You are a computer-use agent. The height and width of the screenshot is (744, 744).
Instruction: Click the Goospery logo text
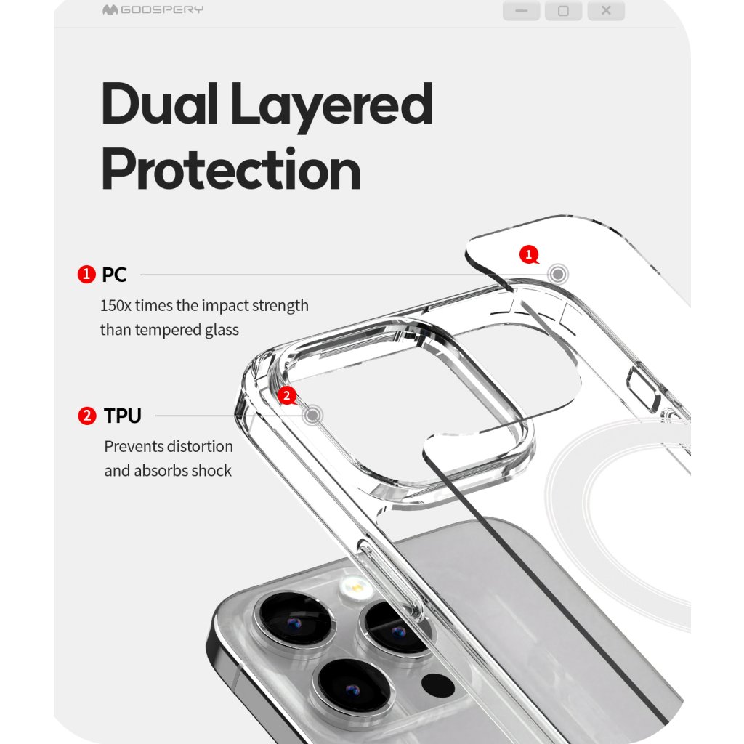(x=161, y=10)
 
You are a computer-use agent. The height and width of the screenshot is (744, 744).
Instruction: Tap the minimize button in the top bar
(x=521, y=11)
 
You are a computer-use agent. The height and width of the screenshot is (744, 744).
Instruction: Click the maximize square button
(x=563, y=11)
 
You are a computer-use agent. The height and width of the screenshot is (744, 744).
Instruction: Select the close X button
(x=606, y=11)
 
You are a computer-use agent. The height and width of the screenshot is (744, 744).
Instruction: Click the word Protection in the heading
(x=231, y=170)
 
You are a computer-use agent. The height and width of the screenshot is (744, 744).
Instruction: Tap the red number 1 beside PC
(x=87, y=275)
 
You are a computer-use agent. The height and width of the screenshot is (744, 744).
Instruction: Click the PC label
(x=114, y=275)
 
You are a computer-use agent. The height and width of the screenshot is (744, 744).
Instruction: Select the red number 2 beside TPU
(x=87, y=416)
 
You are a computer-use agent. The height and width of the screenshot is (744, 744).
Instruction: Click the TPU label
(x=122, y=416)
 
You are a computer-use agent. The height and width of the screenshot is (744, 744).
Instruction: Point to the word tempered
(x=169, y=330)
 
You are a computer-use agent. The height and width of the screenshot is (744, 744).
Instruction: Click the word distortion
(x=198, y=446)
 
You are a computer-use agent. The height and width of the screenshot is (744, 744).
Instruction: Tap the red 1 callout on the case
(x=529, y=254)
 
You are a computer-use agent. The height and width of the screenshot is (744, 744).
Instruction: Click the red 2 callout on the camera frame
(x=288, y=396)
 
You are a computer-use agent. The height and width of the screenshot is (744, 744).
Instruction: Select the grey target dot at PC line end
(x=558, y=275)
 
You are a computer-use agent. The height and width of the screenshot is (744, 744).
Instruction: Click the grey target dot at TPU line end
(x=313, y=416)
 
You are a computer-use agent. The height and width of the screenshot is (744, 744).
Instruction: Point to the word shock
(x=212, y=471)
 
